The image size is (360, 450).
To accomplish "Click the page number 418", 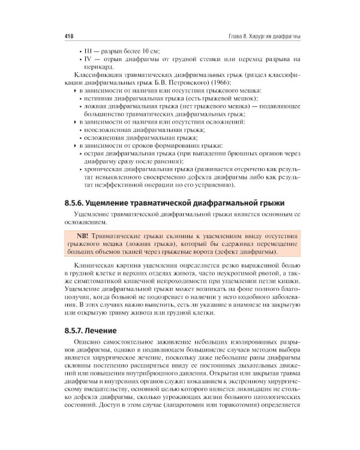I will (x=68, y=37).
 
